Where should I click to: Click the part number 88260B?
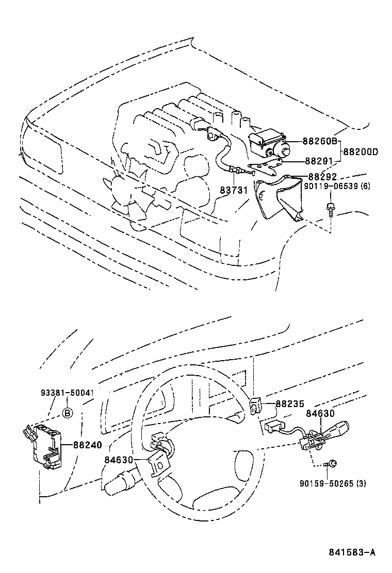tap(320, 141)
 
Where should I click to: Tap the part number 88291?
tap(320, 160)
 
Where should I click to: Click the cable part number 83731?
tap(234, 190)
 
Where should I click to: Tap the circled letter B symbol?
tap(67, 412)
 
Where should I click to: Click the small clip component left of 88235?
tap(255, 405)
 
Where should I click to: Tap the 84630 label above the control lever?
tap(320, 413)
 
